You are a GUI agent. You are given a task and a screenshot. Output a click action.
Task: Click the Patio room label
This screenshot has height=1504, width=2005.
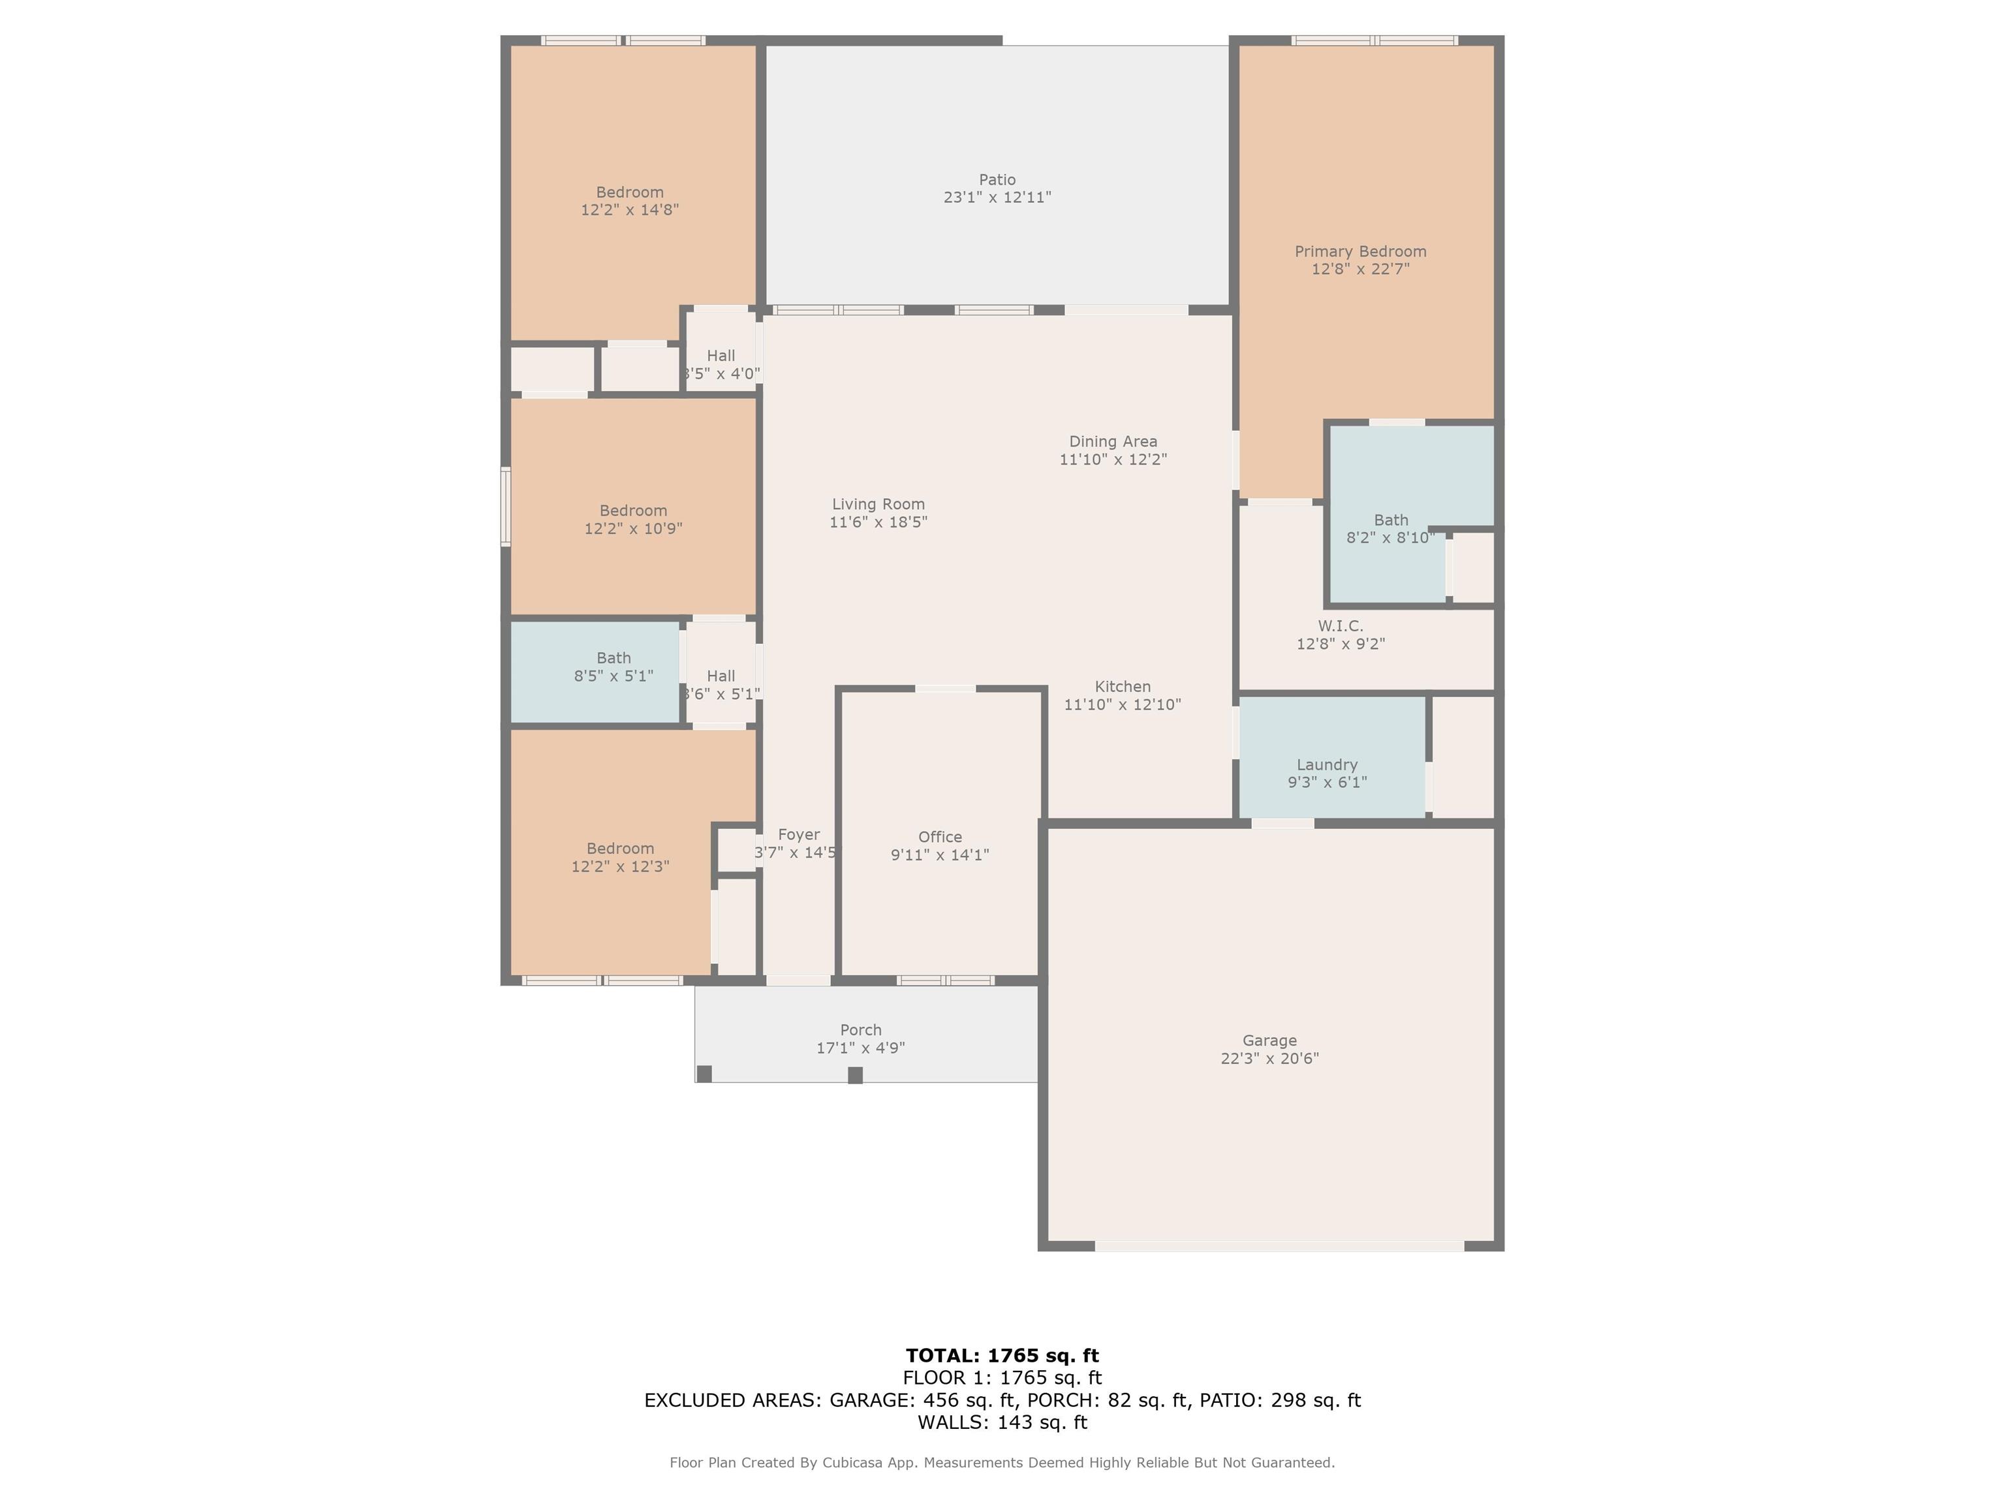pyautogui.click(x=997, y=180)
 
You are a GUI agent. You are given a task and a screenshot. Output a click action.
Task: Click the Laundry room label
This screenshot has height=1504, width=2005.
pyautogui.click(x=1327, y=764)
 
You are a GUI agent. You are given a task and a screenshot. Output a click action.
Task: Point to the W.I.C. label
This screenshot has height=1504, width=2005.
pyautogui.click(x=1340, y=625)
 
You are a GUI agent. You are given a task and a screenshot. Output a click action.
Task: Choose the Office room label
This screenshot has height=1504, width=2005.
pyautogui.click(x=940, y=837)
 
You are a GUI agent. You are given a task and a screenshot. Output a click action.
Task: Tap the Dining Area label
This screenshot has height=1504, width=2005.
pyautogui.click(x=1113, y=441)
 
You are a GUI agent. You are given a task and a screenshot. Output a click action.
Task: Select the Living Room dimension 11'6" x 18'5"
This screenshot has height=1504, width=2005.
pyautogui.click(x=878, y=522)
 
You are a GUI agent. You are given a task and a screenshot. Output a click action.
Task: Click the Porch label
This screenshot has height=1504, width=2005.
pyautogui.click(x=860, y=1030)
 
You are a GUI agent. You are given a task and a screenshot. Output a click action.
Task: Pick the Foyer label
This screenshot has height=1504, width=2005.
pyautogui.click(x=799, y=835)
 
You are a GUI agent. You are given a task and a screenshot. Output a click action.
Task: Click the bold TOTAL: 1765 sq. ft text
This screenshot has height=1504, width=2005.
pyautogui.click(x=1002, y=1355)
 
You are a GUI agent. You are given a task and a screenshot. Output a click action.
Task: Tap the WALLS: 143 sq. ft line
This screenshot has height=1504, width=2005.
pyautogui.click(x=1002, y=1422)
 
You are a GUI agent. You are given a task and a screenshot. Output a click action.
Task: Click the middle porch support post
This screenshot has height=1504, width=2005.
pyautogui.click(x=855, y=1075)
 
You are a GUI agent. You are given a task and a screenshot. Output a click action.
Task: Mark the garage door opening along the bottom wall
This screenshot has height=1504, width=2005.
pyautogui.click(x=1279, y=1247)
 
